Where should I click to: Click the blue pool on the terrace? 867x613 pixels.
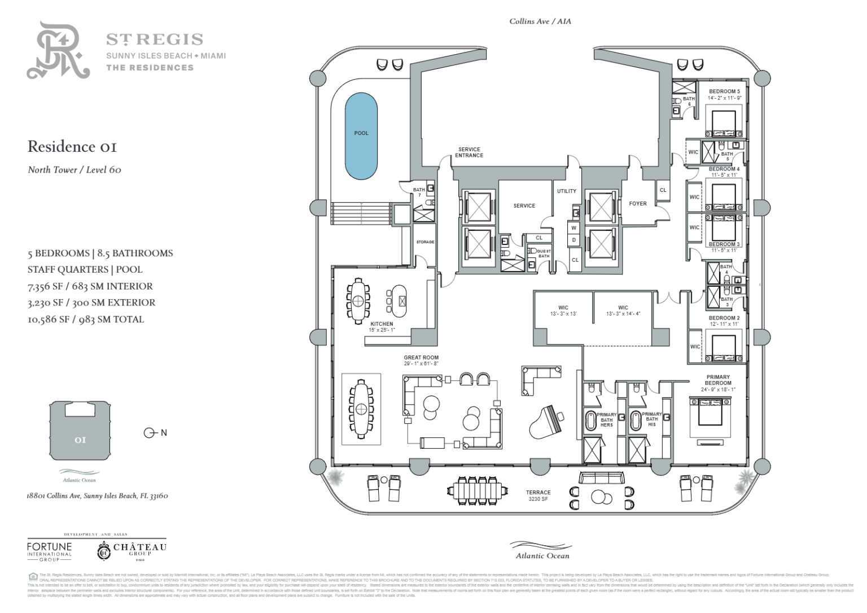[361, 135]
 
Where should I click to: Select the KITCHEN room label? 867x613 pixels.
[382, 324]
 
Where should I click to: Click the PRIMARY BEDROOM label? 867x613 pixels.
[717, 380]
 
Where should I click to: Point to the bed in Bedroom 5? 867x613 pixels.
[723, 123]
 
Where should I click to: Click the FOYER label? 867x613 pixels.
[638, 204]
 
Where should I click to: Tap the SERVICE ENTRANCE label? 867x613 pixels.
[469, 152]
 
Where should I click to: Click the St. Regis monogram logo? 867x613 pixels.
[58, 51]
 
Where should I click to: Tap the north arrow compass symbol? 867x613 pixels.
[151, 433]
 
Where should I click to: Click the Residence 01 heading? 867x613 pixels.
[72, 147]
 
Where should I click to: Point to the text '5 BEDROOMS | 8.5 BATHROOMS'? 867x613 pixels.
[100, 253]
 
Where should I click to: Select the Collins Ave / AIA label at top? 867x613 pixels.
[540, 21]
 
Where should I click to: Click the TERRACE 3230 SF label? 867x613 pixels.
[538, 496]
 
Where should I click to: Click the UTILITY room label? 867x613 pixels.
[566, 191]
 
